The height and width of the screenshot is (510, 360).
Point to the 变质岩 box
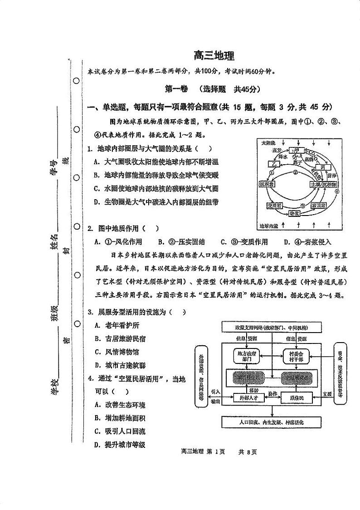(274, 206)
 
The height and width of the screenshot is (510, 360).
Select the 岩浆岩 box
(320, 206)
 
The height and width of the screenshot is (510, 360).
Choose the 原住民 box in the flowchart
(295, 397)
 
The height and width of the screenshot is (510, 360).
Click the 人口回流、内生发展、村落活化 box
(272, 422)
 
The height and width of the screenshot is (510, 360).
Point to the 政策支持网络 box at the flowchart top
(272, 327)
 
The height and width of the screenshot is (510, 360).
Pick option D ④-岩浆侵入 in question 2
(307, 242)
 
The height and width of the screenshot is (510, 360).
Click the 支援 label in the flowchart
(327, 393)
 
